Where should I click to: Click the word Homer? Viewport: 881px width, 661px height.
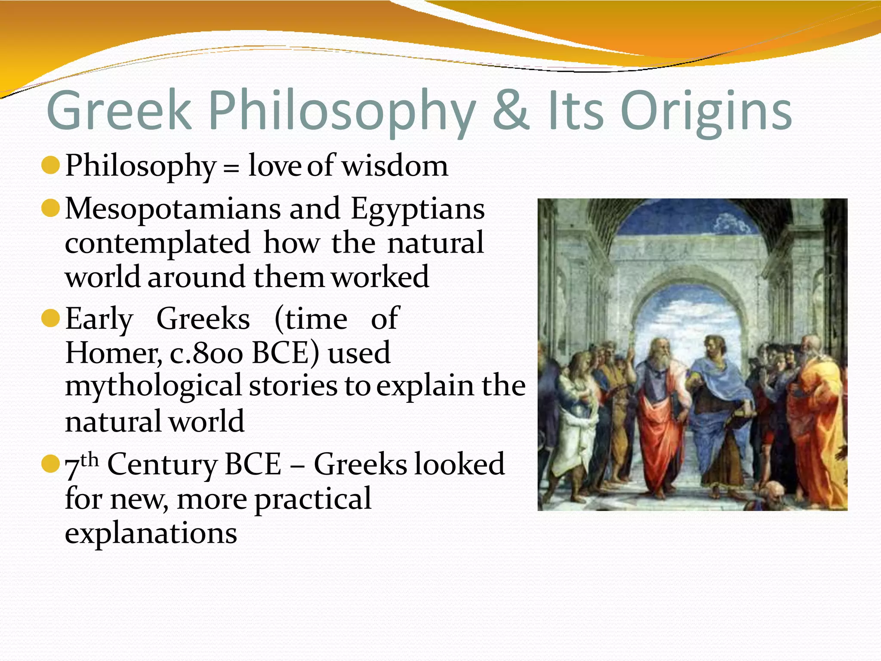[113, 353]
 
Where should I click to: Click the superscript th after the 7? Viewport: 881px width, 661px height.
[89, 460]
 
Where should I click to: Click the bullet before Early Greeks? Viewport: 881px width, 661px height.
[50, 318]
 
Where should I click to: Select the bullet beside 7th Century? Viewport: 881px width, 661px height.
[50, 464]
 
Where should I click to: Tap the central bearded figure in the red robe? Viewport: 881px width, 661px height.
[658, 409]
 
